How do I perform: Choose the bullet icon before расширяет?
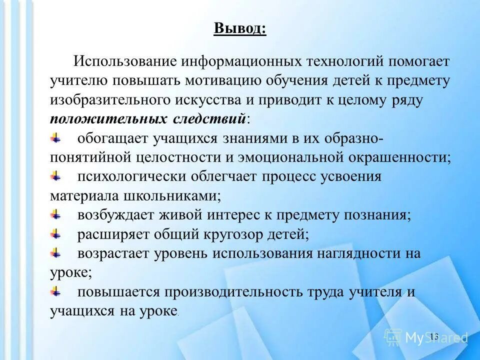click(x=56, y=232)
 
